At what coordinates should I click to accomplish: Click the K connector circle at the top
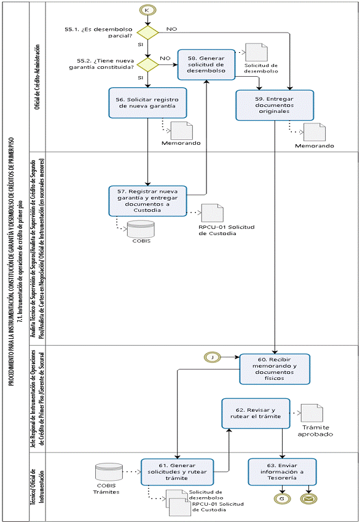click(147, 10)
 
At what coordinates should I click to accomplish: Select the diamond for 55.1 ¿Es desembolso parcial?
click(147, 33)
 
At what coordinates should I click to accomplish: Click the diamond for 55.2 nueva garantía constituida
click(147, 64)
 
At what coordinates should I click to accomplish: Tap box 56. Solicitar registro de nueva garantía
click(147, 103)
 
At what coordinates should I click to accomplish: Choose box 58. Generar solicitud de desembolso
click(206, 64)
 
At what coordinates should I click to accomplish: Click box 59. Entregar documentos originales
click(275, 105)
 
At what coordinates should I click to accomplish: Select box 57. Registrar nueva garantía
click(147, 201)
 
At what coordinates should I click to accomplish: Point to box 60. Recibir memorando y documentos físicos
click(275, 370)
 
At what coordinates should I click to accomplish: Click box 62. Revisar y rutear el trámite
click(256, 413)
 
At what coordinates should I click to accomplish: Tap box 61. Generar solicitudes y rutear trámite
click(177, 472)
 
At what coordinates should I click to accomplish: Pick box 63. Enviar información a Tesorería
click(282, 472)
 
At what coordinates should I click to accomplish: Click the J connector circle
click(213, 357)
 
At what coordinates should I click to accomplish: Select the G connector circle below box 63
click(282, 498)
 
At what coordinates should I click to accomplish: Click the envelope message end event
click(308, 498)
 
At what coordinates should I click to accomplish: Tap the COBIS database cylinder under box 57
click(141, 229)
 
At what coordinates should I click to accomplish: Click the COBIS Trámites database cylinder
click(109, 472)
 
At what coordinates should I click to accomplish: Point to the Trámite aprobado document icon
click(312, 413)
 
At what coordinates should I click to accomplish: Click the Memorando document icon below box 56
click(182, 131)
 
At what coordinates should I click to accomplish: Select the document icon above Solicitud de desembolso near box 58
click(256, 52)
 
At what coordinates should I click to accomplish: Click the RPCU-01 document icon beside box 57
click(213, 213)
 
